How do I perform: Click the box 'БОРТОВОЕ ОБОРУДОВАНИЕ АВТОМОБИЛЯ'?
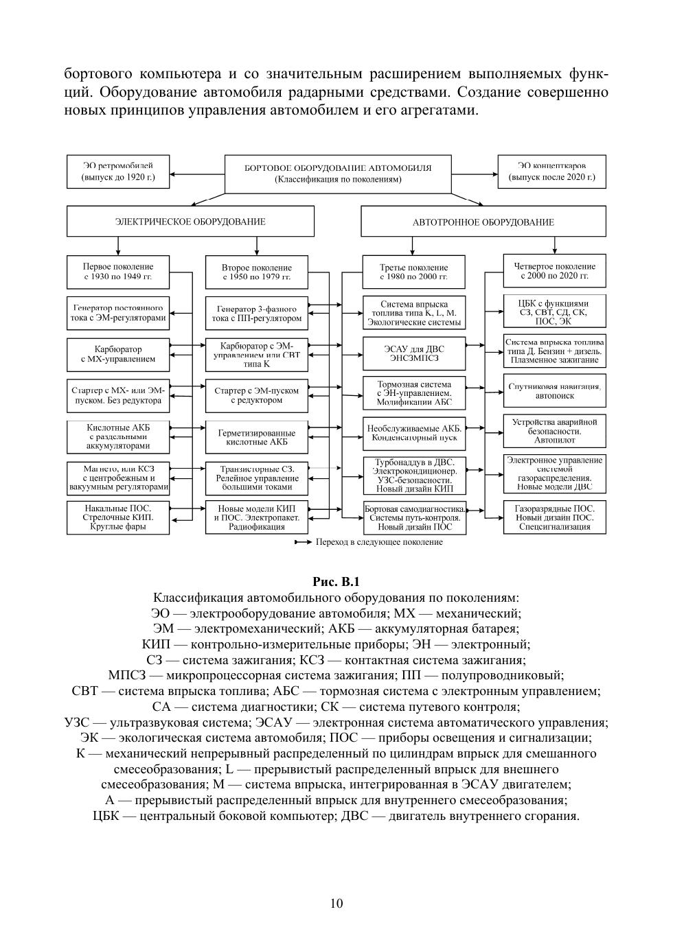coord(338,173)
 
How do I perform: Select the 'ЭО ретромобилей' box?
coord(118,171)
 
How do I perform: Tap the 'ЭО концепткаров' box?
coord(551,171)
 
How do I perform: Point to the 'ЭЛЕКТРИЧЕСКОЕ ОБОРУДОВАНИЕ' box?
coord(190,222)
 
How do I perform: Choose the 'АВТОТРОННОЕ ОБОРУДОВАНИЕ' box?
coord(483,222)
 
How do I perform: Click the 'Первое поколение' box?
coord(118,272)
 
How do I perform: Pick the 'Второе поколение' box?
coord(256,272)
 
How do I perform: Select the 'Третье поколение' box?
coord(413,272)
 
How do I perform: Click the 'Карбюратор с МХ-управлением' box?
coord(118,353)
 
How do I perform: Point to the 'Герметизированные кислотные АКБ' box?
coord(256,437)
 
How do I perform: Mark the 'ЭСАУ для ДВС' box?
coord(413,353)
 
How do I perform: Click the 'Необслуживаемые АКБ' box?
coord(413,433)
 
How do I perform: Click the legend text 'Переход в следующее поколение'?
coord(378,542)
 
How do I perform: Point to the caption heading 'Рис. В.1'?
coord(336,582)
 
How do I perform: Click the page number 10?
coord(336,903)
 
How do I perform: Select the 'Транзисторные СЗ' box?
coord(256,478)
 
